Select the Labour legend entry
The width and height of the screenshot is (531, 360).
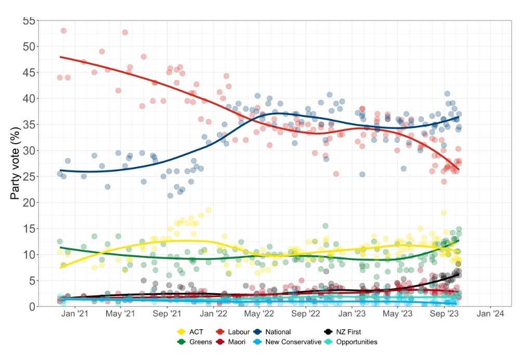pos(232,331)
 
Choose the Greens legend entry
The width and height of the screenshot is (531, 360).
pos(193,342)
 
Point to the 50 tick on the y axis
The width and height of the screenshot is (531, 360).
pos(30,46)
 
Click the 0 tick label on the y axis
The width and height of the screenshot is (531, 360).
pos(32,306)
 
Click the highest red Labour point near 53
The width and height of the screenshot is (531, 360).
pos(63,31)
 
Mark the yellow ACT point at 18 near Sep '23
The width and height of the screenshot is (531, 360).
pos(444,213)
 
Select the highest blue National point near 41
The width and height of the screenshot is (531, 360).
pos(447,94)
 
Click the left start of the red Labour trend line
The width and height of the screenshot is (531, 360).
pos(60,57)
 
